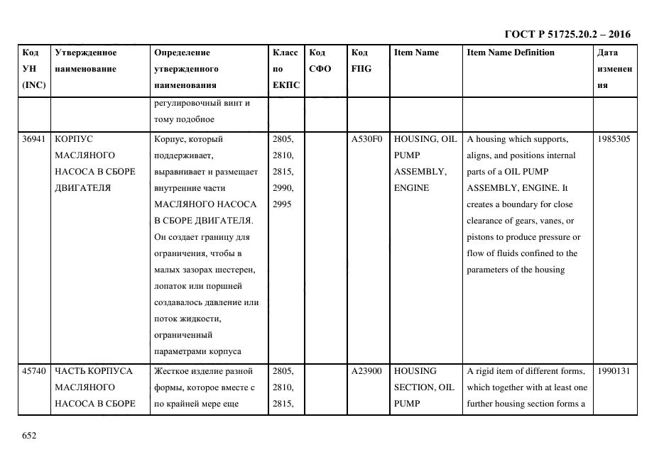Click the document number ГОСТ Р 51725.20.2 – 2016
567,34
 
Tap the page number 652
29,436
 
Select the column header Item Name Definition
511,53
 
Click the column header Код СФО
318,61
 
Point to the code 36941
33,140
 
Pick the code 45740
33,371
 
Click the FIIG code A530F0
366,140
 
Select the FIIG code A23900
366,371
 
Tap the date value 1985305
614,140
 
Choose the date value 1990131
614,371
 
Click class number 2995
283,205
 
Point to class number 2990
283,189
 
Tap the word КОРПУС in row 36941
74,140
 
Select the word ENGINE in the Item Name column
411,189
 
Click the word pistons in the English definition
482,238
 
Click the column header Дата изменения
614,69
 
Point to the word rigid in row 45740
486,371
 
